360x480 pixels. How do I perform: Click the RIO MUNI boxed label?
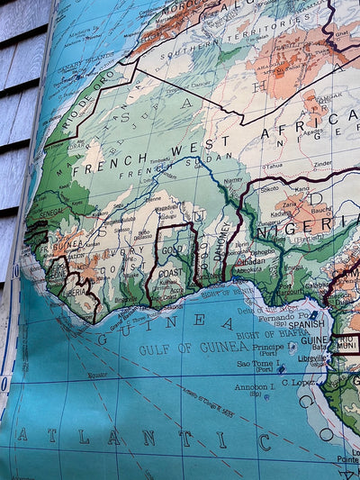(346, 342)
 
